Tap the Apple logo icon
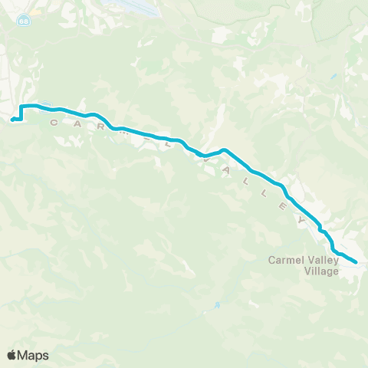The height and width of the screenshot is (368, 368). point(11,355)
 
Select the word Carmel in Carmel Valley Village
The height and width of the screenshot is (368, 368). point(285,260)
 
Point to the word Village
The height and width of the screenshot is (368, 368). point(320,270)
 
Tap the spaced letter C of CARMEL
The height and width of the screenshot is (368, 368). point(54,123)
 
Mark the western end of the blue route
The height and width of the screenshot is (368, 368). point(12,119)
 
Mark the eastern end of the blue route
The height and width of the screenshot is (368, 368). point(356,262)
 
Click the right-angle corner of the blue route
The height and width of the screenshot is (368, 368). point(21,107)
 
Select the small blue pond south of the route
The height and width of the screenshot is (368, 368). point(217,305)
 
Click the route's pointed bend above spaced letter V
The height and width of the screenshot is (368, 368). point(223,149)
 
